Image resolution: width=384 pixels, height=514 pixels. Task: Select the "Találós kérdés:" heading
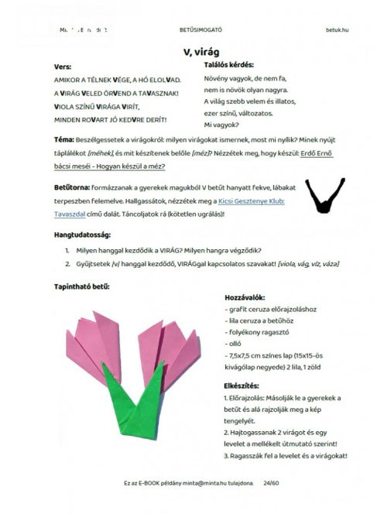coord(228,66)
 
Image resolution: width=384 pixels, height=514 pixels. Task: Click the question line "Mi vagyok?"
coord(221,124)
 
